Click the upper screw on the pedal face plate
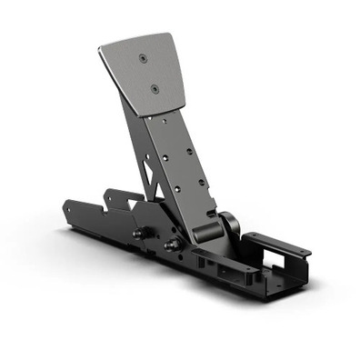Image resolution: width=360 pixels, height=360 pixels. [143, 59]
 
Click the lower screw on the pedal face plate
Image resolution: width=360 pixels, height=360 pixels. [154, 89]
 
